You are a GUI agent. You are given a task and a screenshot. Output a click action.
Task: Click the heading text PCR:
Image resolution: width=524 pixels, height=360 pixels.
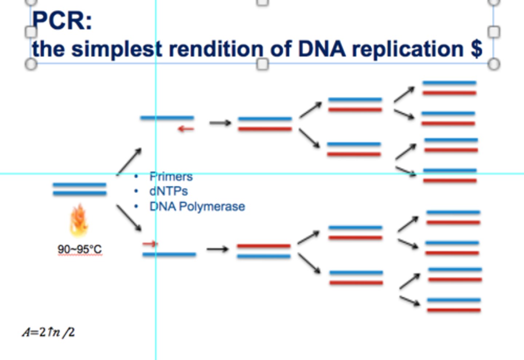62,20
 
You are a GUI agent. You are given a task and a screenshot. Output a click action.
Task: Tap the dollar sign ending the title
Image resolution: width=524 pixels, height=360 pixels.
476,49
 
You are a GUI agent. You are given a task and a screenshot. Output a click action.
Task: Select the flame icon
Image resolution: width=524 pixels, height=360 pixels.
79,220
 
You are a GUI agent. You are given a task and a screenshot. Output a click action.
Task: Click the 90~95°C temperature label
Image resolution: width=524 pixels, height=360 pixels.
80,249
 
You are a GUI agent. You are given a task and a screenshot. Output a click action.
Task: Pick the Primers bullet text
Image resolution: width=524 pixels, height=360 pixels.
171,177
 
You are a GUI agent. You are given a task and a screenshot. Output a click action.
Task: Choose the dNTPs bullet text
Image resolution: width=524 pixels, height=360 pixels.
168,191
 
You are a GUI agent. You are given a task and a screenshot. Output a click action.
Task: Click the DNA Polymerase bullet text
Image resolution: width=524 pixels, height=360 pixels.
197,207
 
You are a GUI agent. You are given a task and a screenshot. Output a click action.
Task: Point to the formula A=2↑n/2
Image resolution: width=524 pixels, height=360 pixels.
48,332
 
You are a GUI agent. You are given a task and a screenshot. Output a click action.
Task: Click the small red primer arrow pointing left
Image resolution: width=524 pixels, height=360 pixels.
186,129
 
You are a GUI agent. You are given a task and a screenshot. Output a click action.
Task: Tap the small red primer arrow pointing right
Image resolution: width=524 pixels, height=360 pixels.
150,244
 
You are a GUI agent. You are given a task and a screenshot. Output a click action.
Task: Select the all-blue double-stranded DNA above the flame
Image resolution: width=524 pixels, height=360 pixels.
80,189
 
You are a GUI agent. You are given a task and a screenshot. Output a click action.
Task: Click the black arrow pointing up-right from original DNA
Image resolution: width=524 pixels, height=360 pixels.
129,161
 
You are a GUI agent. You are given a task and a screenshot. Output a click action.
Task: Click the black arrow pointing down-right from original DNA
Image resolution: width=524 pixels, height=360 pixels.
129,218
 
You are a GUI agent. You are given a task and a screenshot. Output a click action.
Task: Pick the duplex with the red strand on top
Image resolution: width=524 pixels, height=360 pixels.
264,251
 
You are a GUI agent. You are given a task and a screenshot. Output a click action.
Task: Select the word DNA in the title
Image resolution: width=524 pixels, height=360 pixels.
322,49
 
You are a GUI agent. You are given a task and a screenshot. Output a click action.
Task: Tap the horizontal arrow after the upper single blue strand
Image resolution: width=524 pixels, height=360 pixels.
220,123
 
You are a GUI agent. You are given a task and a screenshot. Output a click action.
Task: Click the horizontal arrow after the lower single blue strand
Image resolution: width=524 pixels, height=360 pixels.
217,249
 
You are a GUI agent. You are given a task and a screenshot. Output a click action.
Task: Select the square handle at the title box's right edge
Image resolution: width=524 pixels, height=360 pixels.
493,32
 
